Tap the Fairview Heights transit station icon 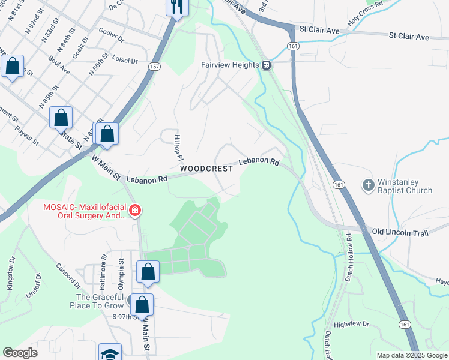(x=265, y=65)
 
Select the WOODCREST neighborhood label (x=206, y=169)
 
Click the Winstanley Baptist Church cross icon (x=368, y=185)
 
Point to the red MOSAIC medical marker (x=135, y=210)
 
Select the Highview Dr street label (x=351, y=324)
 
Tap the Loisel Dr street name (x=125, y=61)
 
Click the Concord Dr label (x=68, y=274)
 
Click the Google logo (x=20, y=353)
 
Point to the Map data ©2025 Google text (x=412, y=355)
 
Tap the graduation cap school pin (x=110, y=353)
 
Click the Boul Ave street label (x=59, y=65)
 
